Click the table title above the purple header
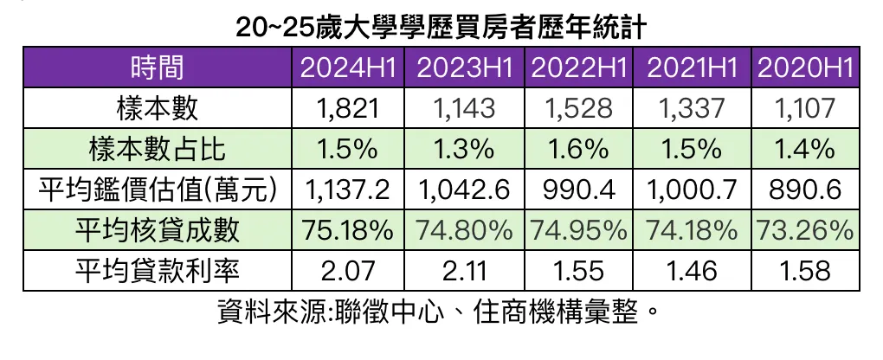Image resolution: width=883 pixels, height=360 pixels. click(441, 26)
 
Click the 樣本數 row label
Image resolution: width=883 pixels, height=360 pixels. click(158, 108)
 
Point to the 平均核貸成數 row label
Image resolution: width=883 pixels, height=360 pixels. click(158, 230)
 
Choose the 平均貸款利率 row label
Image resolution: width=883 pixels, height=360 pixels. click(158, 271)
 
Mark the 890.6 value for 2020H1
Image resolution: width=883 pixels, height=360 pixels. click(806, 190)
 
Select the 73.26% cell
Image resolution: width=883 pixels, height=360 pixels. click(806, 230)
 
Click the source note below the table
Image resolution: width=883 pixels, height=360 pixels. click(441, 312)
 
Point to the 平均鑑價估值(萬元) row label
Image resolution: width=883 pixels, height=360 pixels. click(158, 190)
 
